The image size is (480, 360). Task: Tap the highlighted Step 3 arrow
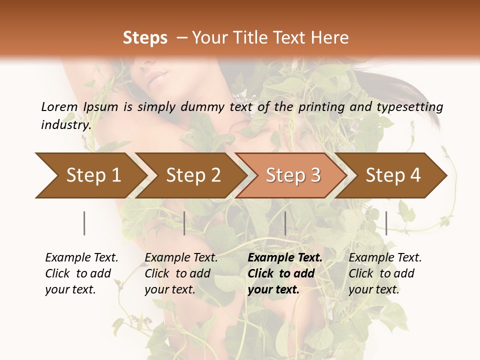pos(293,175)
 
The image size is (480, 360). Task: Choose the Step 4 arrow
pos(393,175)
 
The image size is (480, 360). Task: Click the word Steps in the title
pos(145,38)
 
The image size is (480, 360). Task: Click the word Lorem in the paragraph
pos(59,106)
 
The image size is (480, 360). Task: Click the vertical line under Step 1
pos(84,223)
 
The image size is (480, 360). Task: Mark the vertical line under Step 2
pos(184,223)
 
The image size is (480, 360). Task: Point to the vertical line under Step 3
pos(285,223)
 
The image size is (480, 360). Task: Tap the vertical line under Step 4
pos(386,223)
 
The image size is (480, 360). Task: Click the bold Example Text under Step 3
pos(285,257)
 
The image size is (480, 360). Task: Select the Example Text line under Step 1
pos(81,257)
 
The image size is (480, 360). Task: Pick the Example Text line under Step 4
pos(385,257)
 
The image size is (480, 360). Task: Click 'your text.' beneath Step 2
pos(169,289)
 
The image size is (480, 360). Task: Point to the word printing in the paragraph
pos(321,107)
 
